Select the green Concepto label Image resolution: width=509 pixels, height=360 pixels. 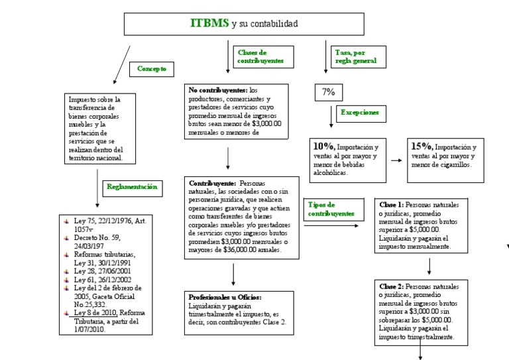pyautogui.click(x=152, y=69)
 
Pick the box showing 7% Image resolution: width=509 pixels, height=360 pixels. pyautogui.click(x=328, y=92)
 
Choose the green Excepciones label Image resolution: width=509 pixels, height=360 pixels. pyautogui.click(x=360, y=113)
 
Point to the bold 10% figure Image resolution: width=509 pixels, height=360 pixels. pyautogui.click(x=325, y=146)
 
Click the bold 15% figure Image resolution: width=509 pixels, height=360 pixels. pyautogui.click(x=422, y=146)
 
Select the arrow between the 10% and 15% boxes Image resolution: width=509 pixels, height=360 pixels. pyautogui.click(x=396, y=160)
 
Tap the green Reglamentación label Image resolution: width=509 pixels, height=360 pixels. pyautogui.click(x=133, y=188)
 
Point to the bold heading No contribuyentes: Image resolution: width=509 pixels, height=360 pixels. pyautogui.click(x=218, y=90)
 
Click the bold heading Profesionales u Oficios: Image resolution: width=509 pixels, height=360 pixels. pyautogui.click(x=225, y=298)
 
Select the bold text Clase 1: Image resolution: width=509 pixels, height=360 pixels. pyautogui.click(x=391, y=205)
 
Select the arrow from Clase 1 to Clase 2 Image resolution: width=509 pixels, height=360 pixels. pyautogui.click(x=429, y=266)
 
